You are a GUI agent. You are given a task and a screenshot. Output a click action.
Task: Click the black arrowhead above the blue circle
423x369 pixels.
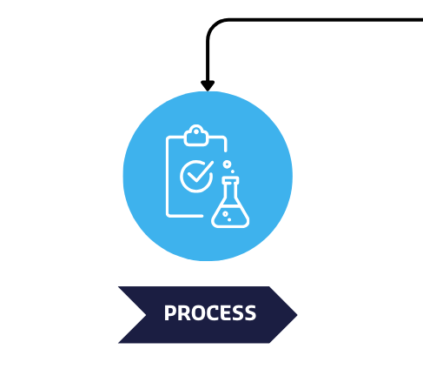[x=208, y=85]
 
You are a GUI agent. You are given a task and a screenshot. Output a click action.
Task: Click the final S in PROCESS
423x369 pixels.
[x=250, y=312]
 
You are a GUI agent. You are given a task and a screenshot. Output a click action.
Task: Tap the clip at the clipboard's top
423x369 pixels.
[x=196, y=136]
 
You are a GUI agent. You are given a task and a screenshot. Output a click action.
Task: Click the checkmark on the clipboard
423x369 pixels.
[x=200, y=172]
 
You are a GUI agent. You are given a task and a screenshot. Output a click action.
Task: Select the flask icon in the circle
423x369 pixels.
[x=230, y=202]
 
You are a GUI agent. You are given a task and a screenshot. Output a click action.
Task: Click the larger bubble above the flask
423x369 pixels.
[x=228, y=164]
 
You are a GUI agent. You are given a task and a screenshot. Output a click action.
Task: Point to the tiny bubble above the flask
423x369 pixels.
[x=233, y=171]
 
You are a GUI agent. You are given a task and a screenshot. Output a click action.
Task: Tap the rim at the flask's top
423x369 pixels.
[x=230, y=180]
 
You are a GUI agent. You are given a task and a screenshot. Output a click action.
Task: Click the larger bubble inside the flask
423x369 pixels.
[x=225, y=214]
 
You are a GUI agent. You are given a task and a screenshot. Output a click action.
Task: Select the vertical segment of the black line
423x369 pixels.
[x=208, y=60]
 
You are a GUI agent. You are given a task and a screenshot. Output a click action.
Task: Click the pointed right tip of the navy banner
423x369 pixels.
[x=297, y=315]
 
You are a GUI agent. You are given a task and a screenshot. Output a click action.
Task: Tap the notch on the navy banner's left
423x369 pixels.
[x=146, y=315]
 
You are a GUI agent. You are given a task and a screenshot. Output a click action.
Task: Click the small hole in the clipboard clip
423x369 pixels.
[x=196, y=132]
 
